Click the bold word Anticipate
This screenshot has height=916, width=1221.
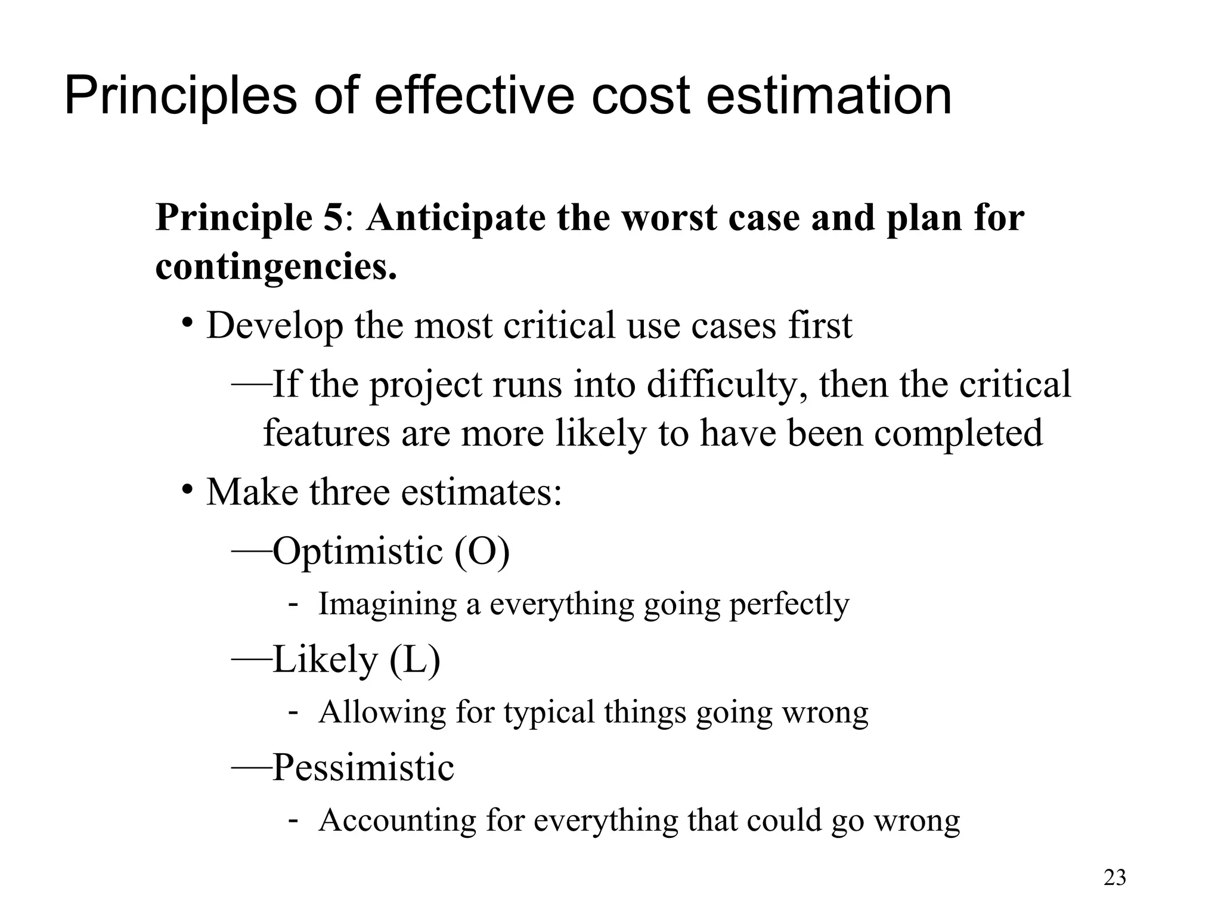455,219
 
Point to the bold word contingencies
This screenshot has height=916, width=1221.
275,267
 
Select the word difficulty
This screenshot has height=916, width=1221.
727,385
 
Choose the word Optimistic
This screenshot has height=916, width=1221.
358,551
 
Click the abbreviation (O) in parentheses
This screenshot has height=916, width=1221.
482,551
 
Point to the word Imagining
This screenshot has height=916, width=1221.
388,604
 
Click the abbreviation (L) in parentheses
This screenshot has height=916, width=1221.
415,660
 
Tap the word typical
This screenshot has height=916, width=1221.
548,712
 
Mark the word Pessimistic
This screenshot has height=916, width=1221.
363,768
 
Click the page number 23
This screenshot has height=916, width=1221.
1115,878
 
